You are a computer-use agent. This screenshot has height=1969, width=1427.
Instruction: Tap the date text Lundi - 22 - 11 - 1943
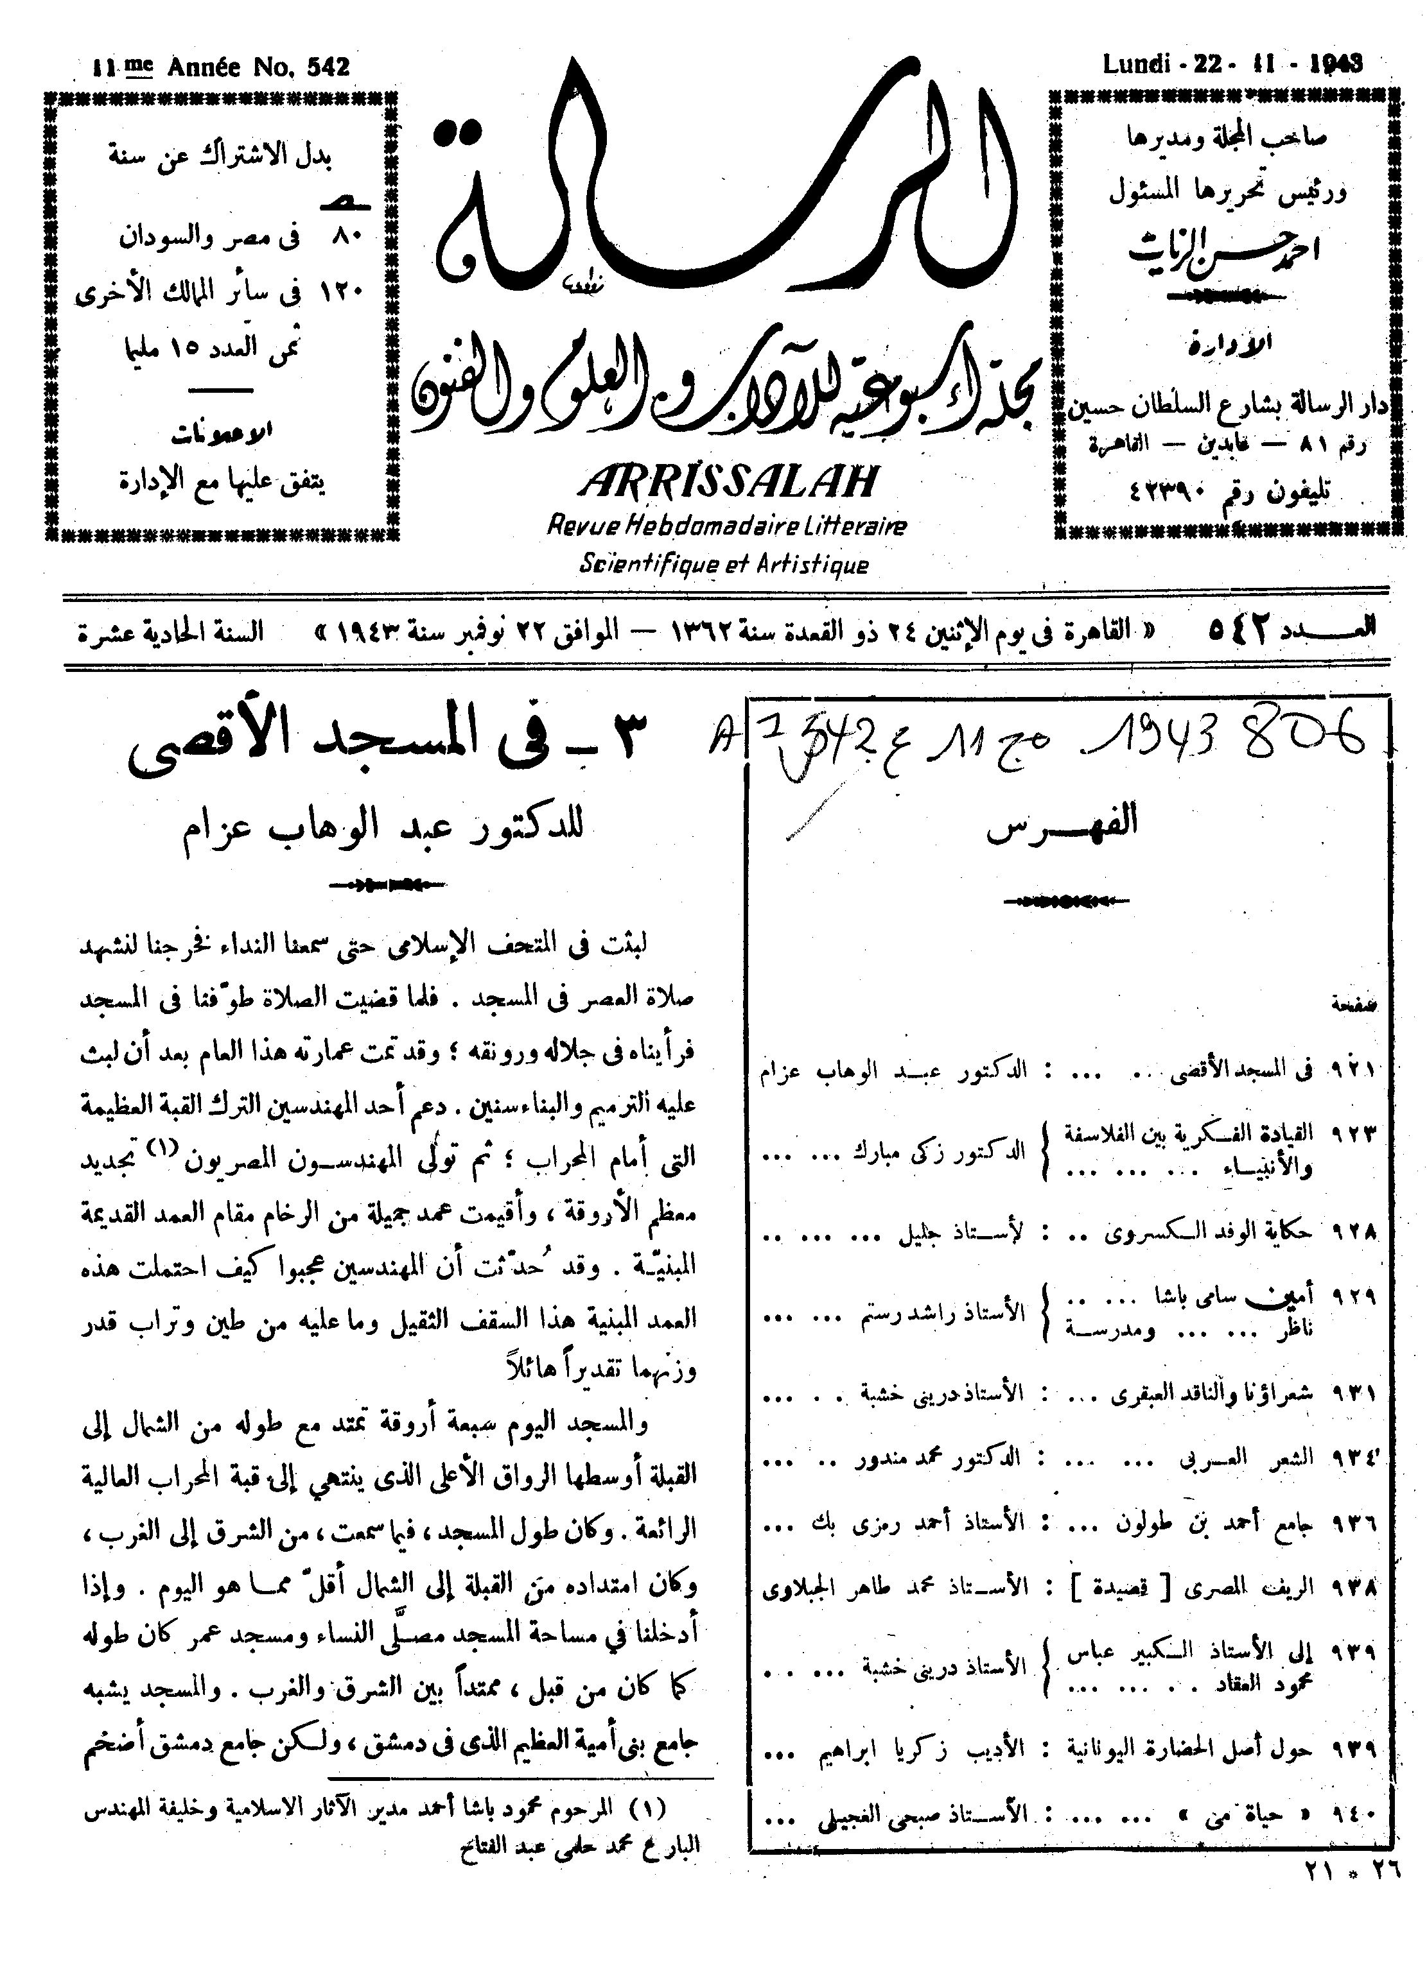click(x=1232, y=64)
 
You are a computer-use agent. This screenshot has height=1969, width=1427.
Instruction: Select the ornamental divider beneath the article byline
click(x=389, y=886)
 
